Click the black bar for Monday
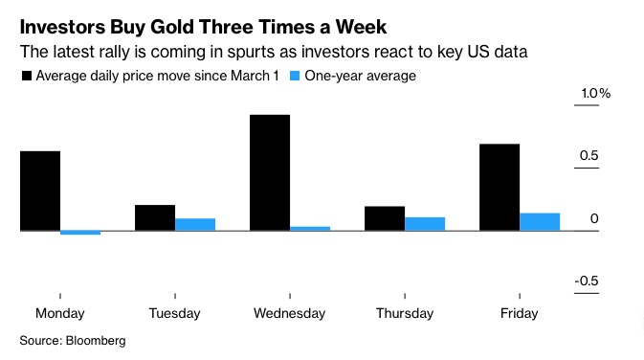coord(40,191)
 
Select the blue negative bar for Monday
coord(80,233)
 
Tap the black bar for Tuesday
coord(155,217)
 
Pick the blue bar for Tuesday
coord(195,224)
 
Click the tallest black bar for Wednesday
coord(270,172)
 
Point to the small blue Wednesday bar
coord(310,228)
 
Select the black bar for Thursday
coord(385,218)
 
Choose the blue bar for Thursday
coord(425,224)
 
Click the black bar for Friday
coord(500,187)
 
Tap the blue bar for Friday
coord(540,221)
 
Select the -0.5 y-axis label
coord(587,281)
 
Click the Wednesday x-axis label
coord(290,313)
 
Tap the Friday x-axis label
coord(520,313)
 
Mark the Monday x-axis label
coord(59,313)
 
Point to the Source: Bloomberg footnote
coord(73,340)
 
